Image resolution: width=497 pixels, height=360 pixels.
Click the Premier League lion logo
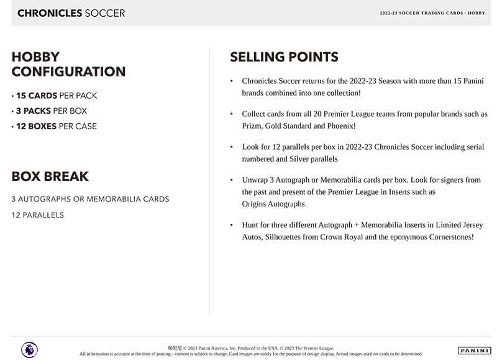[29, 349]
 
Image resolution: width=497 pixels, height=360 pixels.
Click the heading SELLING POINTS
[284, 57]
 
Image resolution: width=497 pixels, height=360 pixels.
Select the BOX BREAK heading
[50, 176]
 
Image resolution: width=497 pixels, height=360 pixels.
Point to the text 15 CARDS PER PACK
[55, 96]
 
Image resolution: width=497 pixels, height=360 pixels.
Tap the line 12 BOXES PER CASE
[55, 126]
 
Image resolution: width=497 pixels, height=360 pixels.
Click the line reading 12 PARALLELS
[38, 215]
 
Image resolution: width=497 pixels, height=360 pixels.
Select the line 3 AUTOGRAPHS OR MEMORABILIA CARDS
[90, 199]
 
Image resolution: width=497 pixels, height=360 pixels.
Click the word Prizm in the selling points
[252, 126]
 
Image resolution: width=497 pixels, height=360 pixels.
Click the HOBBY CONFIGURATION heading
[68, 64]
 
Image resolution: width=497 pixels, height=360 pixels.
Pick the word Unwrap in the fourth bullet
[255, 180]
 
